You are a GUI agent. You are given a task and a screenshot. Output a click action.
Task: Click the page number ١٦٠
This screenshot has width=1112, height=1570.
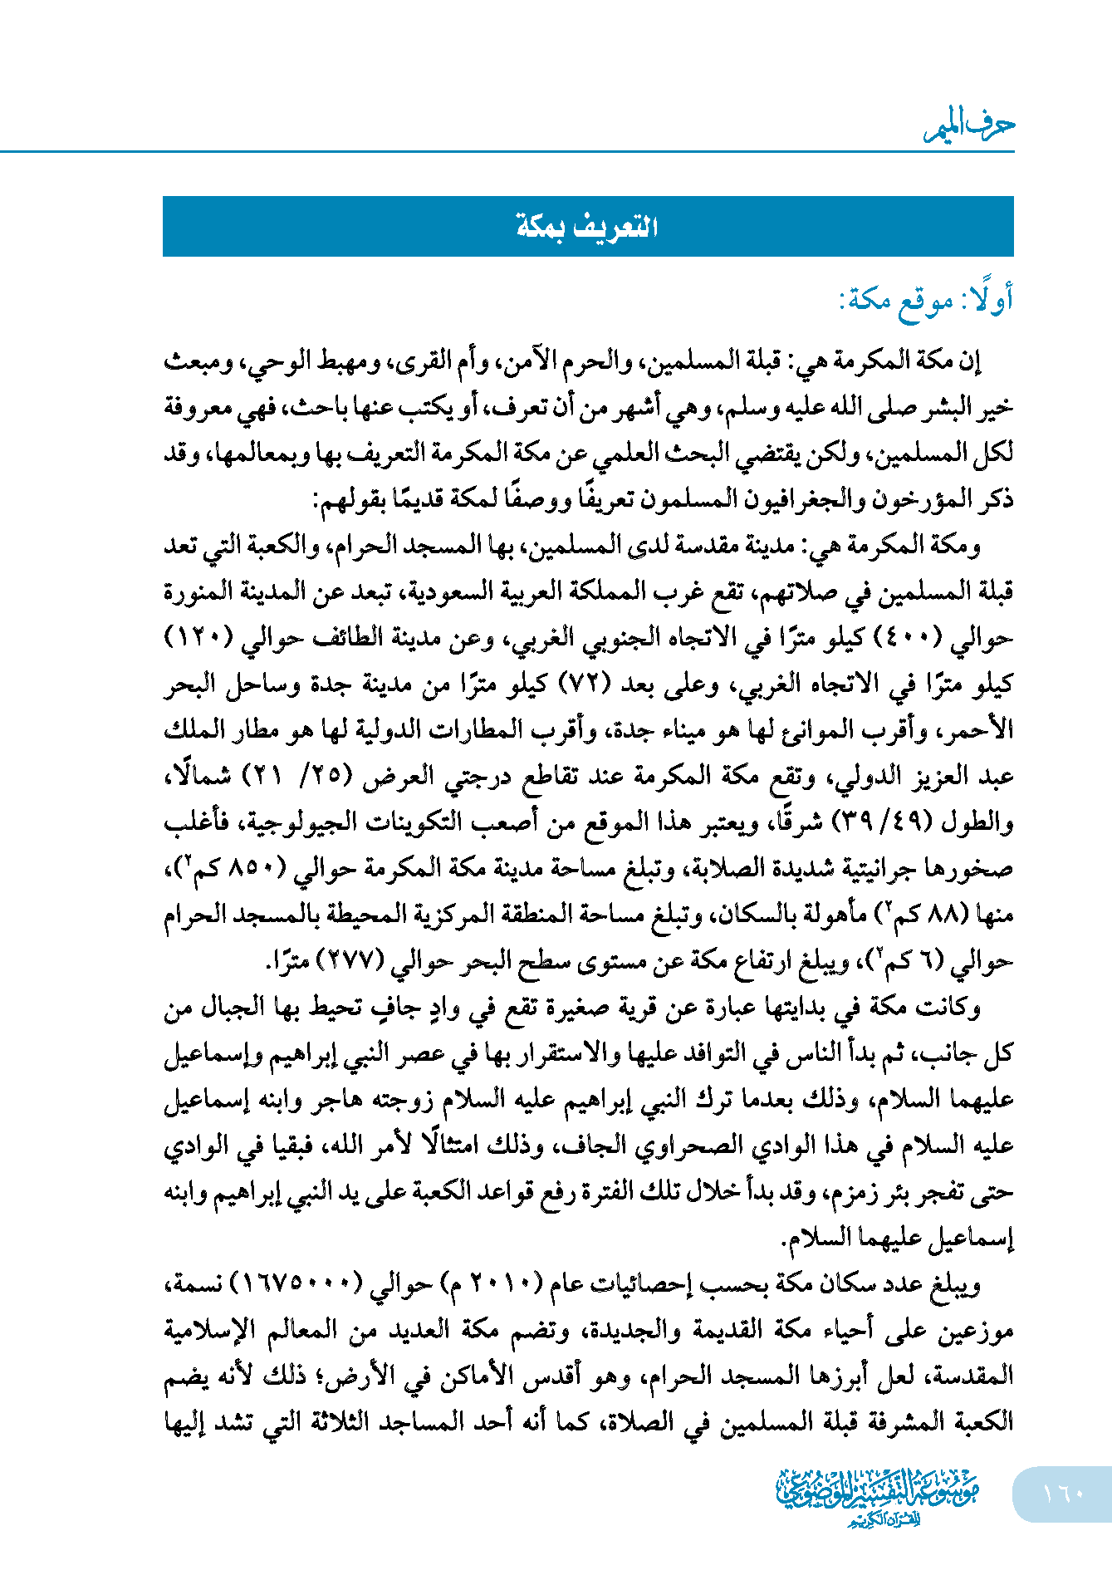point(1062,1493)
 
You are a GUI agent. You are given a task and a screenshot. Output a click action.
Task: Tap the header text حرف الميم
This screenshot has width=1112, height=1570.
point(970,126)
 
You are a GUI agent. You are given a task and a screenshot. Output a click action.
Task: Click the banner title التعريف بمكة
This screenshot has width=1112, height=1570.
point(588,227)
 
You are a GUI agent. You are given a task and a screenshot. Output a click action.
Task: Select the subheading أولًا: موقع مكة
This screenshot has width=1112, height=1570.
point(926,299)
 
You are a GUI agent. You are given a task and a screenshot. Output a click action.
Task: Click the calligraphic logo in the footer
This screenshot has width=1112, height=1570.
point(878,1495)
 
